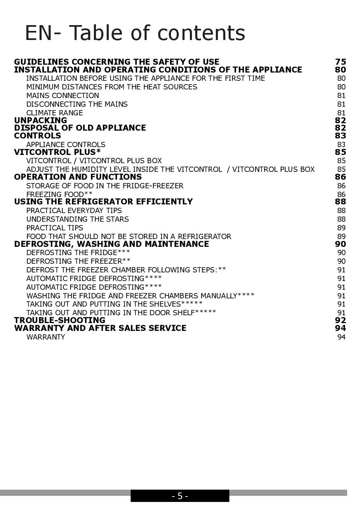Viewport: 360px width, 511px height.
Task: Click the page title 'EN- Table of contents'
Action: point(135,33)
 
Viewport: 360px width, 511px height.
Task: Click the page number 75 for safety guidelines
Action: point(340,62)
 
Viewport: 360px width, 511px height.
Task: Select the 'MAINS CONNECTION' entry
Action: point(63,96)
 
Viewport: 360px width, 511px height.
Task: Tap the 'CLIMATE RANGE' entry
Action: point(54,113)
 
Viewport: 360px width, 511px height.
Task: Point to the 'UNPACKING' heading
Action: point(40,120)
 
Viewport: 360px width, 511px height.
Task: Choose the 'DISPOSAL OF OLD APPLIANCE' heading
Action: point(80,128)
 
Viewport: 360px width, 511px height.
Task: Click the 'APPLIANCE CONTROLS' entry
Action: point(65,145)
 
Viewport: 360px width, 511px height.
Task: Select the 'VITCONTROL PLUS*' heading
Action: point(57,152)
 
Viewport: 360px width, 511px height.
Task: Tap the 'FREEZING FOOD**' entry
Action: point(59,194)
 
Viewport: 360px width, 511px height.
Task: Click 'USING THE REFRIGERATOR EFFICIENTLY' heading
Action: point(103,202)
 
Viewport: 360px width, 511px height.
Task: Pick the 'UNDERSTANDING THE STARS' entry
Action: point(77,219)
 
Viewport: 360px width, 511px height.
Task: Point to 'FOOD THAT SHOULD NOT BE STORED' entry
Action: point(129,237)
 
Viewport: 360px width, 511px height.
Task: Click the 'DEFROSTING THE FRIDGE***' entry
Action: point(78,253)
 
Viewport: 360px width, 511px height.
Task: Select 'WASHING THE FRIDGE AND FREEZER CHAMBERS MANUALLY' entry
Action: point(140,295)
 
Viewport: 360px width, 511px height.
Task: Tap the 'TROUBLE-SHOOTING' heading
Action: point(60,320)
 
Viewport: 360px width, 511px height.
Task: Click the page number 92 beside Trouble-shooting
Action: point(340,320)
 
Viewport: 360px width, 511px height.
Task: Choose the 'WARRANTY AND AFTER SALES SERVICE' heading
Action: point(100,328)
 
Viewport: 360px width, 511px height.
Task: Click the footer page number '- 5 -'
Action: point(180,496)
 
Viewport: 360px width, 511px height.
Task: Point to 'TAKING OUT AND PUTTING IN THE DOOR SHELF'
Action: point(121,313)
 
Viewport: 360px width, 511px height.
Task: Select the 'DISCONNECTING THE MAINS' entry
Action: point(77,104)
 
